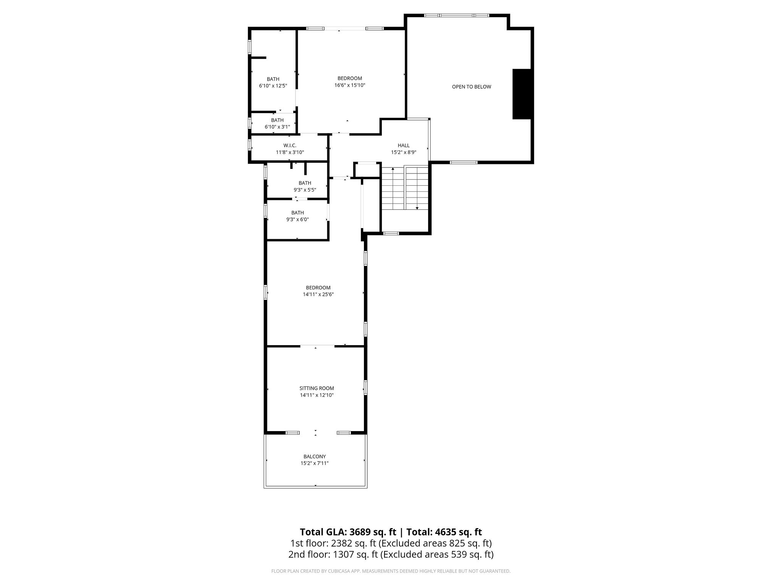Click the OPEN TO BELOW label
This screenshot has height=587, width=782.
tap(472, 87)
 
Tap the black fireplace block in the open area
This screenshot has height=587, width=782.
tap(522, 94)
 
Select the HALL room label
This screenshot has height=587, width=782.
tap(404, 145)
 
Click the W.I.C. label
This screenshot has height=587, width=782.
tap(290, 145)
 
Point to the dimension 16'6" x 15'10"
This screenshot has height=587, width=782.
tap(350, 85)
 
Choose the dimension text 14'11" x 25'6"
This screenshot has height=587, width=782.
tap(318, 294)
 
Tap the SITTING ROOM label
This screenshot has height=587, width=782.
tap(317, 388)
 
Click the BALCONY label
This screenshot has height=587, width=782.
tap(315, 456)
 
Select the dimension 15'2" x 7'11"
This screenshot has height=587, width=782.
tap(315, 463)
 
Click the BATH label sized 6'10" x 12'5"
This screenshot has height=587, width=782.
tap(273, 79)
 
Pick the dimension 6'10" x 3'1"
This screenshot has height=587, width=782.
tap(277, 127)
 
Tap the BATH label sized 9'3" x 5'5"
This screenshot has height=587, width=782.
tap(305, 183)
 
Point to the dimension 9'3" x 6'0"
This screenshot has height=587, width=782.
tap(297, 219)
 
